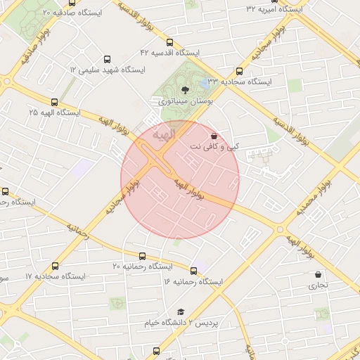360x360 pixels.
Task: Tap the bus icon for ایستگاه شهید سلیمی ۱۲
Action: click(x=107, y=60)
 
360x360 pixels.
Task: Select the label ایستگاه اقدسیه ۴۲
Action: click(x=170, y=53)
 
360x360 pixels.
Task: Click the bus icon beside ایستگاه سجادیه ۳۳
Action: click(x=240, y=71)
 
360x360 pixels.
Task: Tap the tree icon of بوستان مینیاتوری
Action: click(x=185, y=89)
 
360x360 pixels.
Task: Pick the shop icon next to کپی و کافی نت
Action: click(x=214, y=136)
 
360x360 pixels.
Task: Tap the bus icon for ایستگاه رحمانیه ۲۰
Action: click(x=143, y=256)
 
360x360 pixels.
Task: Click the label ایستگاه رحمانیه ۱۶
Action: click(x=193, y=281)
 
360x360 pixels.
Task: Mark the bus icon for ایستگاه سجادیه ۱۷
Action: click(x=56, y=266)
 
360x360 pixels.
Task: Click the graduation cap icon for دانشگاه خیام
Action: click(x=180, y=311)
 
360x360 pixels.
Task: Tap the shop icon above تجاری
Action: click(x=319, y=275)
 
